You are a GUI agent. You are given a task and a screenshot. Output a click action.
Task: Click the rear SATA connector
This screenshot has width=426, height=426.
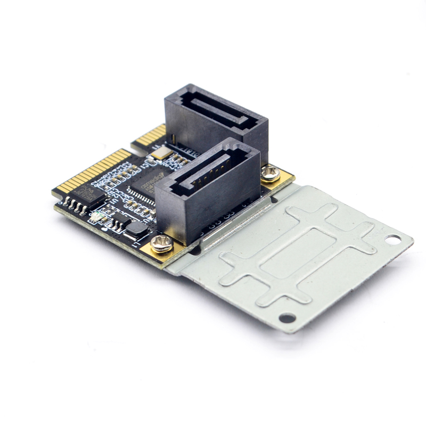(x=216, y=120)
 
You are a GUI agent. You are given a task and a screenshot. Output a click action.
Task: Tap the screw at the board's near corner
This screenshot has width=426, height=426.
(x=161, y=244)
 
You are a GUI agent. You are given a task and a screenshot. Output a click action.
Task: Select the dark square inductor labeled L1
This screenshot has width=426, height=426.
(x=137, y=230)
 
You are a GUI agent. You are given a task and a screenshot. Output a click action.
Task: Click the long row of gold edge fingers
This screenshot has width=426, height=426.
(x=94, y=170)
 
